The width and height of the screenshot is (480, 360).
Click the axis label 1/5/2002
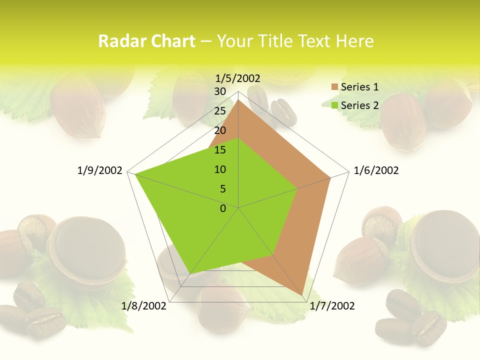(238, 78)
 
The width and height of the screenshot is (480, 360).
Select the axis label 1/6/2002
(376, 170)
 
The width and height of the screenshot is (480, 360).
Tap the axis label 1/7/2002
(332, 305)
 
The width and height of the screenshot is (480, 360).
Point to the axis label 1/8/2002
(144, 305)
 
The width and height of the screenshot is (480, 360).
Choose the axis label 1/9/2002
(100, 170)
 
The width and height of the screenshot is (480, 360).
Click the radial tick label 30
(220, 91)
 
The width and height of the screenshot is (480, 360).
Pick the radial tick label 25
(220, 111)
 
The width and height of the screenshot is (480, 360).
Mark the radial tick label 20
(220, 130)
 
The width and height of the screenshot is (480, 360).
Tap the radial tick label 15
(220, 150)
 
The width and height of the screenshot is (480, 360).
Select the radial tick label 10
(220, 169)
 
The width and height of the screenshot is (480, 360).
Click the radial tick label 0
(223, 208)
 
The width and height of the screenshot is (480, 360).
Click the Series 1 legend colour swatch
(334, 87)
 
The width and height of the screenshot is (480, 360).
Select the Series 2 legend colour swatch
(334, 105)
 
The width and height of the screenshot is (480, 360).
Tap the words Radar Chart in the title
(146, 41)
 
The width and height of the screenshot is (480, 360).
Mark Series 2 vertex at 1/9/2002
(135, 174)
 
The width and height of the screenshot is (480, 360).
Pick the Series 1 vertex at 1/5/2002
(238, 100)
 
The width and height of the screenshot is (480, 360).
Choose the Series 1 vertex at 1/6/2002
(330, 177)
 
